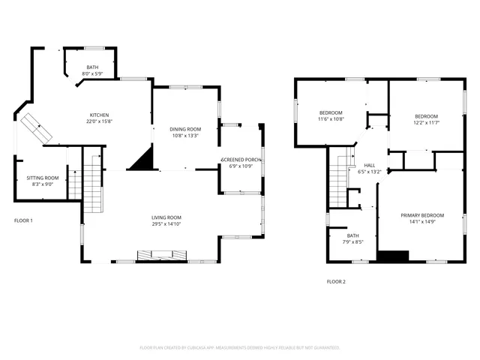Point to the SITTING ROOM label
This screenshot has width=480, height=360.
43,178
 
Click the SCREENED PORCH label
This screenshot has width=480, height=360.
241,160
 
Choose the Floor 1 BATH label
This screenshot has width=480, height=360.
92,67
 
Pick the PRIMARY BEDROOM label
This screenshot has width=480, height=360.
421,215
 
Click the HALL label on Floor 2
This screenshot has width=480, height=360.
370,165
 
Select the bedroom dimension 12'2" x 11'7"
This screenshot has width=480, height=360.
427,123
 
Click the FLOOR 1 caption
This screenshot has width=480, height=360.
23,220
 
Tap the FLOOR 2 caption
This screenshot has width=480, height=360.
336,281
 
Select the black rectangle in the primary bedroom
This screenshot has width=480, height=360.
393,256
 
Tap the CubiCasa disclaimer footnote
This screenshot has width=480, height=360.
240,347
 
